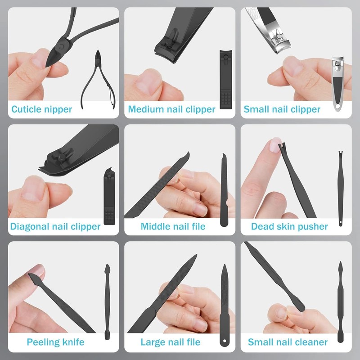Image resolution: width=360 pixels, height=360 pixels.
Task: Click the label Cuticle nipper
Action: (x=41, y=109)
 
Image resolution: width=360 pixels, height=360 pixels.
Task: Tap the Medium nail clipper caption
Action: (x=171, y=109)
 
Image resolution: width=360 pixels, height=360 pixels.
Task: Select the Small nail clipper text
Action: (x=282, y=109)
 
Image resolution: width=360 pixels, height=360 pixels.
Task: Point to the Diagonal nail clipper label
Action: (x=55, y=226)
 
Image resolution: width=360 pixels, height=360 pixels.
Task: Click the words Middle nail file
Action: (x=173, y=226)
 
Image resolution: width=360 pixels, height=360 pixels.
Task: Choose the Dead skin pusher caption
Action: (x=289, y=226)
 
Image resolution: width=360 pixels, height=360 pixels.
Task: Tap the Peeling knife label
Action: (x=56, y=342)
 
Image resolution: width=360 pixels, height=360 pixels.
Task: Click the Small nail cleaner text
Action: (x=288, y=342)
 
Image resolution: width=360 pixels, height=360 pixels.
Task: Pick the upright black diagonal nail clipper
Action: (x=108, y=198)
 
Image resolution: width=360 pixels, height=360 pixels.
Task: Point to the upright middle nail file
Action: (x=224, y=191)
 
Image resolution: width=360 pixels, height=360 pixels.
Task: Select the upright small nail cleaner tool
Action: (x=341, y=301)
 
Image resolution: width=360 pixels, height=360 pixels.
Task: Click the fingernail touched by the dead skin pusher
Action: (x=273, y=145)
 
